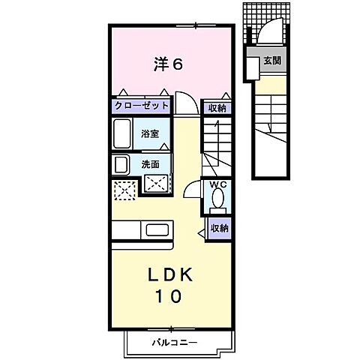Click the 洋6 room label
(x=167, y=64)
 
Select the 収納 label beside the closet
(x=217, y=107)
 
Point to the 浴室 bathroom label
(x=150, y=134)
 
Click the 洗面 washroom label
(x=150, y=163)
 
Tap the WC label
(x=218, y=184)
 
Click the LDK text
(x=168, y=275)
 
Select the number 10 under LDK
(x=168, y=297)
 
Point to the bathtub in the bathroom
(x=124, y=136)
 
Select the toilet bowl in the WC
(x=218, y=199)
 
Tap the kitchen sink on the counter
(x=158, y=229)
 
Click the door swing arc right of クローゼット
(x=184, y=102)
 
